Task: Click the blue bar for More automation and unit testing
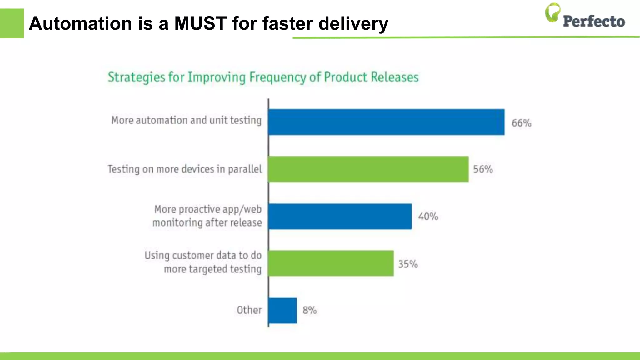(386, 122)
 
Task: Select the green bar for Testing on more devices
(368, 169)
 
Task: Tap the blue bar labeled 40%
(340, 216)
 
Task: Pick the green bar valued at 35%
(331, 263)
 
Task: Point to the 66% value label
(521, 123)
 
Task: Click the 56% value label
(483, 169)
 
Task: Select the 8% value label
(309, 310)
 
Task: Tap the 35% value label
(408, 264)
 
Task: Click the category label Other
(249, 310)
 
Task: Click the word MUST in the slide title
(200, 23)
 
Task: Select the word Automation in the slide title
(80, 23)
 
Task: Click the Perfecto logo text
(594, 22)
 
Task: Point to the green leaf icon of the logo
(552, 12)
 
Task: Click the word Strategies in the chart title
(136, 77)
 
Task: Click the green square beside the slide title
(12, 23)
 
